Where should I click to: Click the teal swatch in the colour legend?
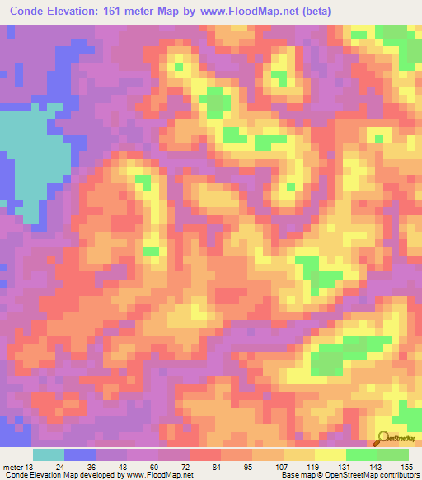tap(48, 454)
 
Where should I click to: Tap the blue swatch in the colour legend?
tap(79, 454)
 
